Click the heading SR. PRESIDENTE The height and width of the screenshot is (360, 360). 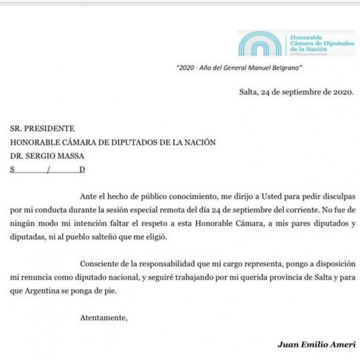pyautogui.click(x=42, y=128)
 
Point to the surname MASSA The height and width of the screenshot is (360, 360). pyautogui.click(x=71, y=156)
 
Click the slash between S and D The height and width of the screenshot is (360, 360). pyautogui.click(x=48, y=170)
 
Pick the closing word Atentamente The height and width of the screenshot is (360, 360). pyautogui.click(x=104, y=318)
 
